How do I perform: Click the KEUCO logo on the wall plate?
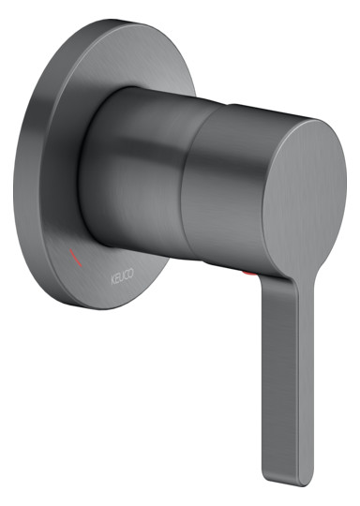point(123,276)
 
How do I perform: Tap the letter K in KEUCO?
point(113,280)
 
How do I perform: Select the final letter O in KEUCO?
point(131,273)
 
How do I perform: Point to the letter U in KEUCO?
point(123,276)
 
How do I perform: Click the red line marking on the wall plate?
point(76,258)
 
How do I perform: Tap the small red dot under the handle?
point(249,274)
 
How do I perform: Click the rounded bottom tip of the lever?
point(289,484)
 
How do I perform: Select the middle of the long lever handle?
point(288,380)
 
